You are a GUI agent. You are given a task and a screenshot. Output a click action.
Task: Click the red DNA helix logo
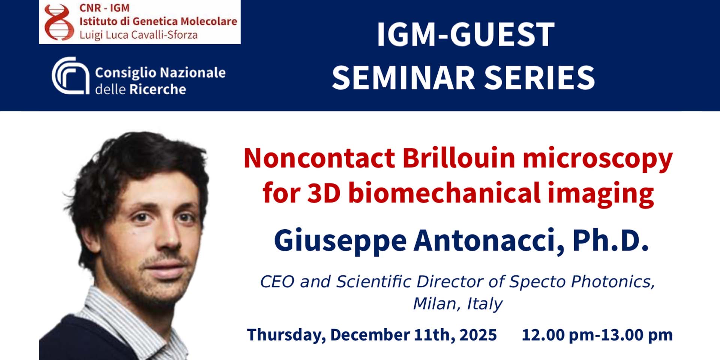59,22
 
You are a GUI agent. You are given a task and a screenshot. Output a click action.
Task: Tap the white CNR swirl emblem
70,75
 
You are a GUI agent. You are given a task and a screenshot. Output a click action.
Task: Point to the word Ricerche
157,89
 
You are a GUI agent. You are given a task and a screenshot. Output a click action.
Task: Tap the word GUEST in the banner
502,34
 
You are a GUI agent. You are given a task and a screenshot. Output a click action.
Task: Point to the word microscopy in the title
598,159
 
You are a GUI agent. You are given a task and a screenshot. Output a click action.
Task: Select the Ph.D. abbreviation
610,240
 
